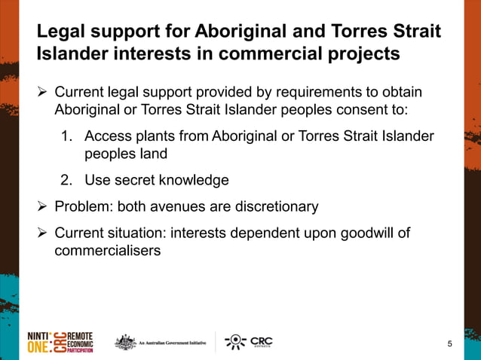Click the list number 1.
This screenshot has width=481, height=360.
tap(66, 137)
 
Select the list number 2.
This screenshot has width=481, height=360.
tap(66, 180)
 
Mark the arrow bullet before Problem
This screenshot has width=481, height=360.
tap(43, 206)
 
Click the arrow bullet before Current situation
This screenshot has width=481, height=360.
tap(43, 233)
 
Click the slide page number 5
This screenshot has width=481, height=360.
tap(450, 344)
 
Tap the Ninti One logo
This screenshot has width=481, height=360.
tap(60, 342)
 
